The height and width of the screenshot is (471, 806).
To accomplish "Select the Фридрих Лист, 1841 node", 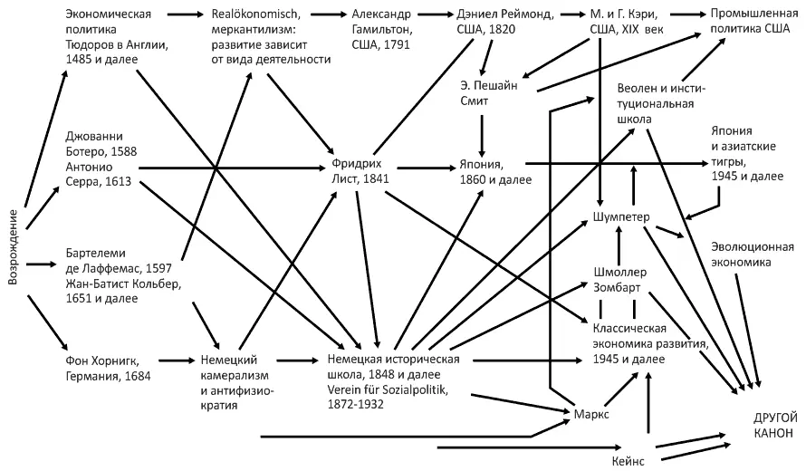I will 364,172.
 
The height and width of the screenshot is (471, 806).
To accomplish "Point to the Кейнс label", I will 628,460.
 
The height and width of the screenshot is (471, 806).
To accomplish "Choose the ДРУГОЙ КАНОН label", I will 775,425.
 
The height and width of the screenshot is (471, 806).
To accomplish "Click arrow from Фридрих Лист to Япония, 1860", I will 424,167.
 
